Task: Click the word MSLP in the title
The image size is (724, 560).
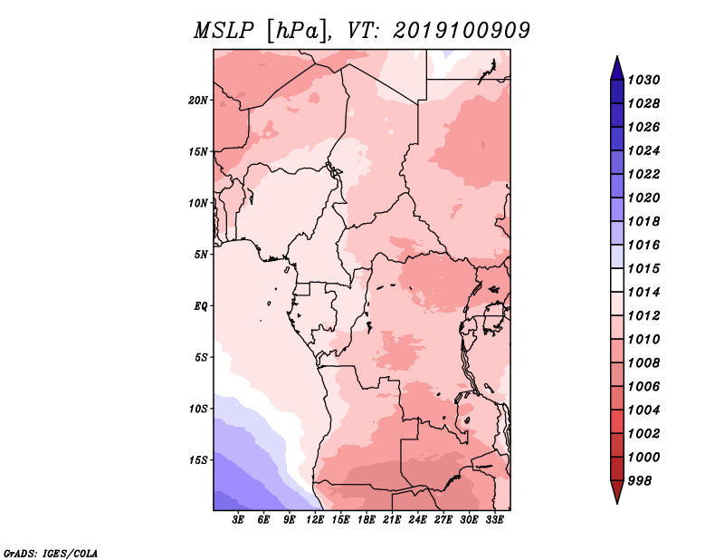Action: click(224, 31)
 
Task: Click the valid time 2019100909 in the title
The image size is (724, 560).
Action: click(462, 31)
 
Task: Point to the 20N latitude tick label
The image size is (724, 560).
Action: click(198, 101)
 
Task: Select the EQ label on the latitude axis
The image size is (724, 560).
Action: click(200, 306)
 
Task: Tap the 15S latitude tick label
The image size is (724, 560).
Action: click(198, 460)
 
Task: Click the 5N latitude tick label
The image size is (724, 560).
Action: click(201, 255)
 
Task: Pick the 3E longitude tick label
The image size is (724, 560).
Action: click(237, 520)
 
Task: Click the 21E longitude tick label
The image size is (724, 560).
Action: click(392, 520)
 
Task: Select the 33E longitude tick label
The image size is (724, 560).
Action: click(494, 520)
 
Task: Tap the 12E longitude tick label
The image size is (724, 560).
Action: click(315, 520)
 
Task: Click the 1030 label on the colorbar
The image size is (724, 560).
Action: click(643, 81)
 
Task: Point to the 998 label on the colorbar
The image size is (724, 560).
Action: click(640, 481)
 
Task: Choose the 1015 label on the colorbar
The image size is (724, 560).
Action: click(643, 269)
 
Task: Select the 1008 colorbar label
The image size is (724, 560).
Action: click(643, 363)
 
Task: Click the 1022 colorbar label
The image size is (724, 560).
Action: click(643, 175)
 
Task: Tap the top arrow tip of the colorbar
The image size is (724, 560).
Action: click(617, 56)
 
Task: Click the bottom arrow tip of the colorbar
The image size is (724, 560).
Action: click(617, 504)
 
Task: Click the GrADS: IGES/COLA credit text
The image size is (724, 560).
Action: click(51, 554)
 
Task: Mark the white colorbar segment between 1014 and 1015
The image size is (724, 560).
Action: click(617, 280)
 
